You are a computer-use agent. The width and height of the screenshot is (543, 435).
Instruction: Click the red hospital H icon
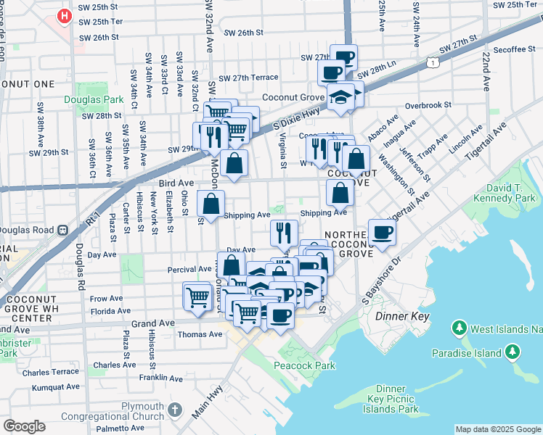point(65,14)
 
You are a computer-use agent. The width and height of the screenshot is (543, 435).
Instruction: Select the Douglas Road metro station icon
point(63,230)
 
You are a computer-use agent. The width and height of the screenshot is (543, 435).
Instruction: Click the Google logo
point(24,426)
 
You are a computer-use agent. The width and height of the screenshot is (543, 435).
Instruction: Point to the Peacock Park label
point(304,365)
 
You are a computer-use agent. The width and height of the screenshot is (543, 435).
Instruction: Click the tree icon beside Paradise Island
point(513,352)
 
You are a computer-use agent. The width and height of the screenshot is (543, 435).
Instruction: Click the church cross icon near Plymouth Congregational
point(174,410)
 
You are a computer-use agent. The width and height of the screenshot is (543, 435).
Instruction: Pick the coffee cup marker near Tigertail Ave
point(382,232)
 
